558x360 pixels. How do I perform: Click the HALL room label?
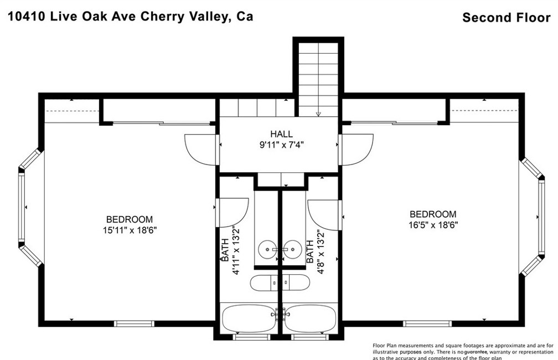pos(281,134)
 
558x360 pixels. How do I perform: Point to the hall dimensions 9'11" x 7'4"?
pos(281,145)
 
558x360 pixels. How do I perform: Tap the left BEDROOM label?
pos(130,219)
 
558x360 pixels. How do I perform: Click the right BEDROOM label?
pos(433,214)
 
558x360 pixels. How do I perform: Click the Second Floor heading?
pos(506,17)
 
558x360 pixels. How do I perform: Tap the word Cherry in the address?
pos(169,16)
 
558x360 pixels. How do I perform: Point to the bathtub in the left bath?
pos(249,318)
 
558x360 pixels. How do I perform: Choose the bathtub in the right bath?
pos(309,318)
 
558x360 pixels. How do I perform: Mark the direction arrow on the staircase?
pos(318,113)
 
